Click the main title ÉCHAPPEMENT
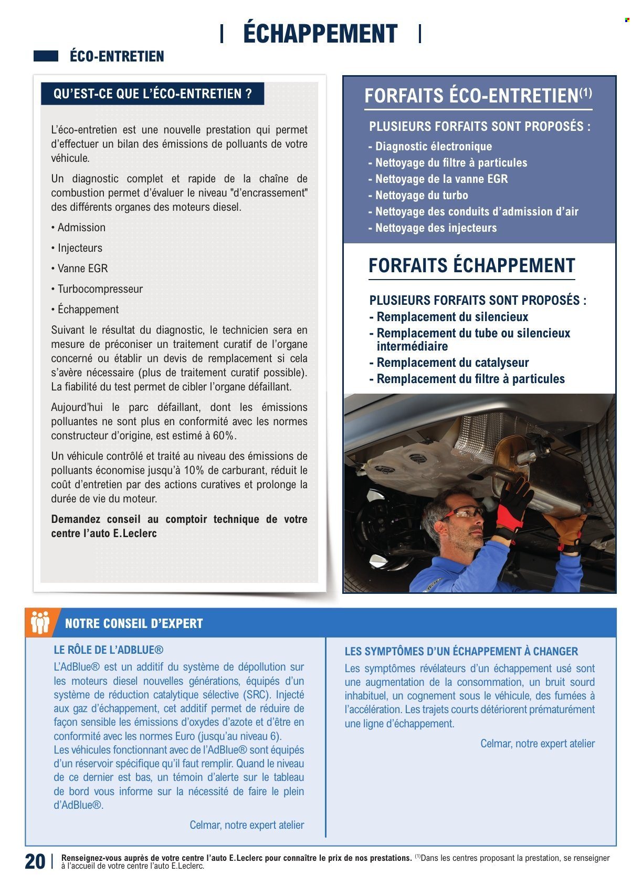(320, 34)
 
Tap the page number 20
(35, 862)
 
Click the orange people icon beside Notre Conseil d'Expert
(40, 622)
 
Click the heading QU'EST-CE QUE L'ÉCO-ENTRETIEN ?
(152, 94)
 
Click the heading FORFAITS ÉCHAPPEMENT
(471, 266)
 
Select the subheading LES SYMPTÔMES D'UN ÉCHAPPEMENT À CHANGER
(461, 652)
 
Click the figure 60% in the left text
(224, 436)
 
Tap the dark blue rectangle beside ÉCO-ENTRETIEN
(46, 56)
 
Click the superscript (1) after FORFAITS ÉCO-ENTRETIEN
(585, 93)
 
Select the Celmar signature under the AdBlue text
(247, 825)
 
